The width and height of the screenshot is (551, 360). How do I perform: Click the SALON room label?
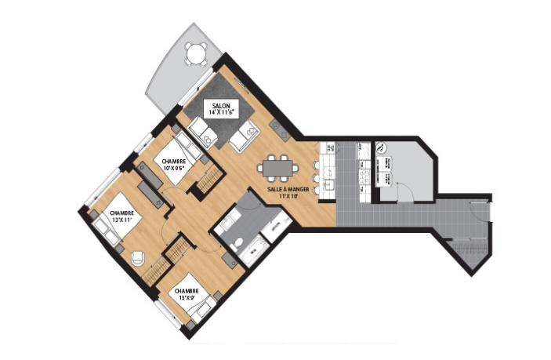(221, 105)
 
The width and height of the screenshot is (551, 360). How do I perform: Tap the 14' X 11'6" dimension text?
(221, 112)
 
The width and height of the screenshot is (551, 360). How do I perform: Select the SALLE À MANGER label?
(288, 189)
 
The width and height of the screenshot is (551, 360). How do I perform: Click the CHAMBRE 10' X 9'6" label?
(174, 165)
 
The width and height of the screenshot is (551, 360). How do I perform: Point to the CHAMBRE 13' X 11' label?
(121, 216)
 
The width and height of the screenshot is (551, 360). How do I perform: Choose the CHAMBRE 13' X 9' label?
(187, 294)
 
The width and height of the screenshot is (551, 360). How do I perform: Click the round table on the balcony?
(196, 54)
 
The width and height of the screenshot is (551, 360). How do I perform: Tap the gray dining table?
(277, 168)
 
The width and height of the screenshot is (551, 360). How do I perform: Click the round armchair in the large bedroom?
(139, 259)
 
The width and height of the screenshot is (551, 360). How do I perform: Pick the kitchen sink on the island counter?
(329, 184)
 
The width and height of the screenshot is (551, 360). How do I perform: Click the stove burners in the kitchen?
(364, 175)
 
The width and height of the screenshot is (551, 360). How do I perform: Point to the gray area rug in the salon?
(219, 109)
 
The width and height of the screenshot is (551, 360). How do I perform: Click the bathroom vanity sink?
(224, 224)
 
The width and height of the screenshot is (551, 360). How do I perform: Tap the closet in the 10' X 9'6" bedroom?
(209, 180)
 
